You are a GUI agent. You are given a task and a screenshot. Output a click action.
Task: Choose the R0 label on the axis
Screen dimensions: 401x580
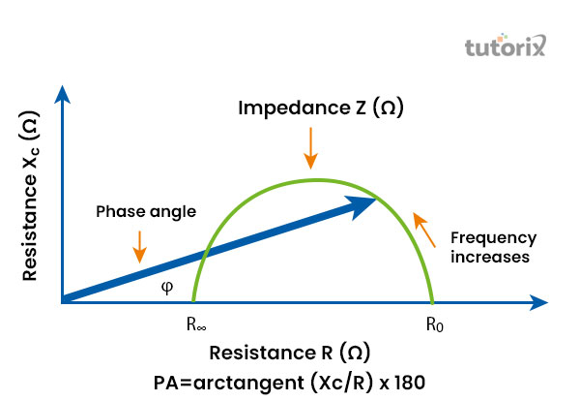(434, 324)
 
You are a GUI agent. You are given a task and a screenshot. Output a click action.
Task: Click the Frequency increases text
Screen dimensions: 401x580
(495, 248)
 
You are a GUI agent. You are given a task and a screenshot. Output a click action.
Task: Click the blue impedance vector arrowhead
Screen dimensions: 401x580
(364, 202)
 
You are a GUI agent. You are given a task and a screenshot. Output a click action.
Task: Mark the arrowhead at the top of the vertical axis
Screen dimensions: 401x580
(63, 95)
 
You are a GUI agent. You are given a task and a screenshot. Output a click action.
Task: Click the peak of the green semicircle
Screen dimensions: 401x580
(313, 179)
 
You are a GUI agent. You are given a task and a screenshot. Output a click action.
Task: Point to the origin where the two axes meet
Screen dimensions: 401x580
(63, 302)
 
